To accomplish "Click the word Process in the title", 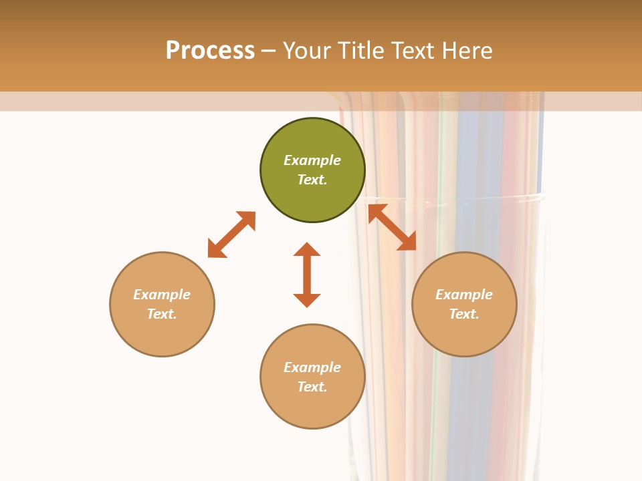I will (x=210, y=51).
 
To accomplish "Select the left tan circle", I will (x=162, y=334).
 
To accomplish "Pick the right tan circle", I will (x=464, y=334).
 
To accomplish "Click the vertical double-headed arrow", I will (x=307, y=275).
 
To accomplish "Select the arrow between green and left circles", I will (x=231, y=234).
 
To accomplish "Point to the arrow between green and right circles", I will (x=392, y=227).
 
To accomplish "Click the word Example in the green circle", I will (x=312, y=160).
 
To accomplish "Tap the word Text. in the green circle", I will (x=312, y=180).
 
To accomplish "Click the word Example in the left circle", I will (x=162, y=295).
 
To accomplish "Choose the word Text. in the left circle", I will (x=162, y=314).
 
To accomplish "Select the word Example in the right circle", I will (x=464, y=295).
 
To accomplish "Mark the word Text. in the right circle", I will (x=464, y=314).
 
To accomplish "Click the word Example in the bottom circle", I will (x=312, y=367).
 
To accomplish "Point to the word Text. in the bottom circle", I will (x=312, y=387).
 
